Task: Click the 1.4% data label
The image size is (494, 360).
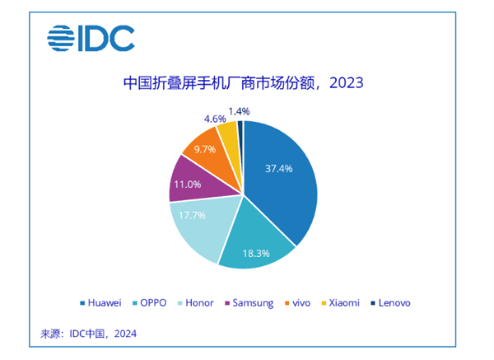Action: pyautogui.click(x=240, y=110)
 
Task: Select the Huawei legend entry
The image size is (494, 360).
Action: pyautogui.click(x=103, y=302)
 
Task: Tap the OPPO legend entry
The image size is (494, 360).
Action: pyautogui.click(x=154, y=302)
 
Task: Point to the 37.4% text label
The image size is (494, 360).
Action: pyautogui.click(x=279, y=170)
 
